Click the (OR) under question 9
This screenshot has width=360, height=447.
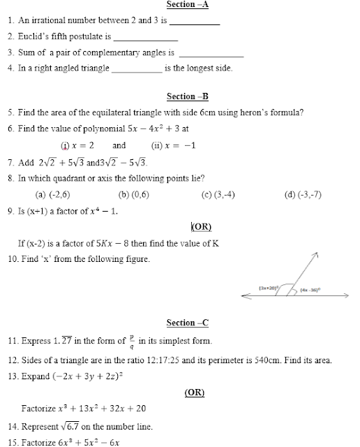coord(201,227)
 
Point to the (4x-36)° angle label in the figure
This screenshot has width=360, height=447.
coord(310,289)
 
